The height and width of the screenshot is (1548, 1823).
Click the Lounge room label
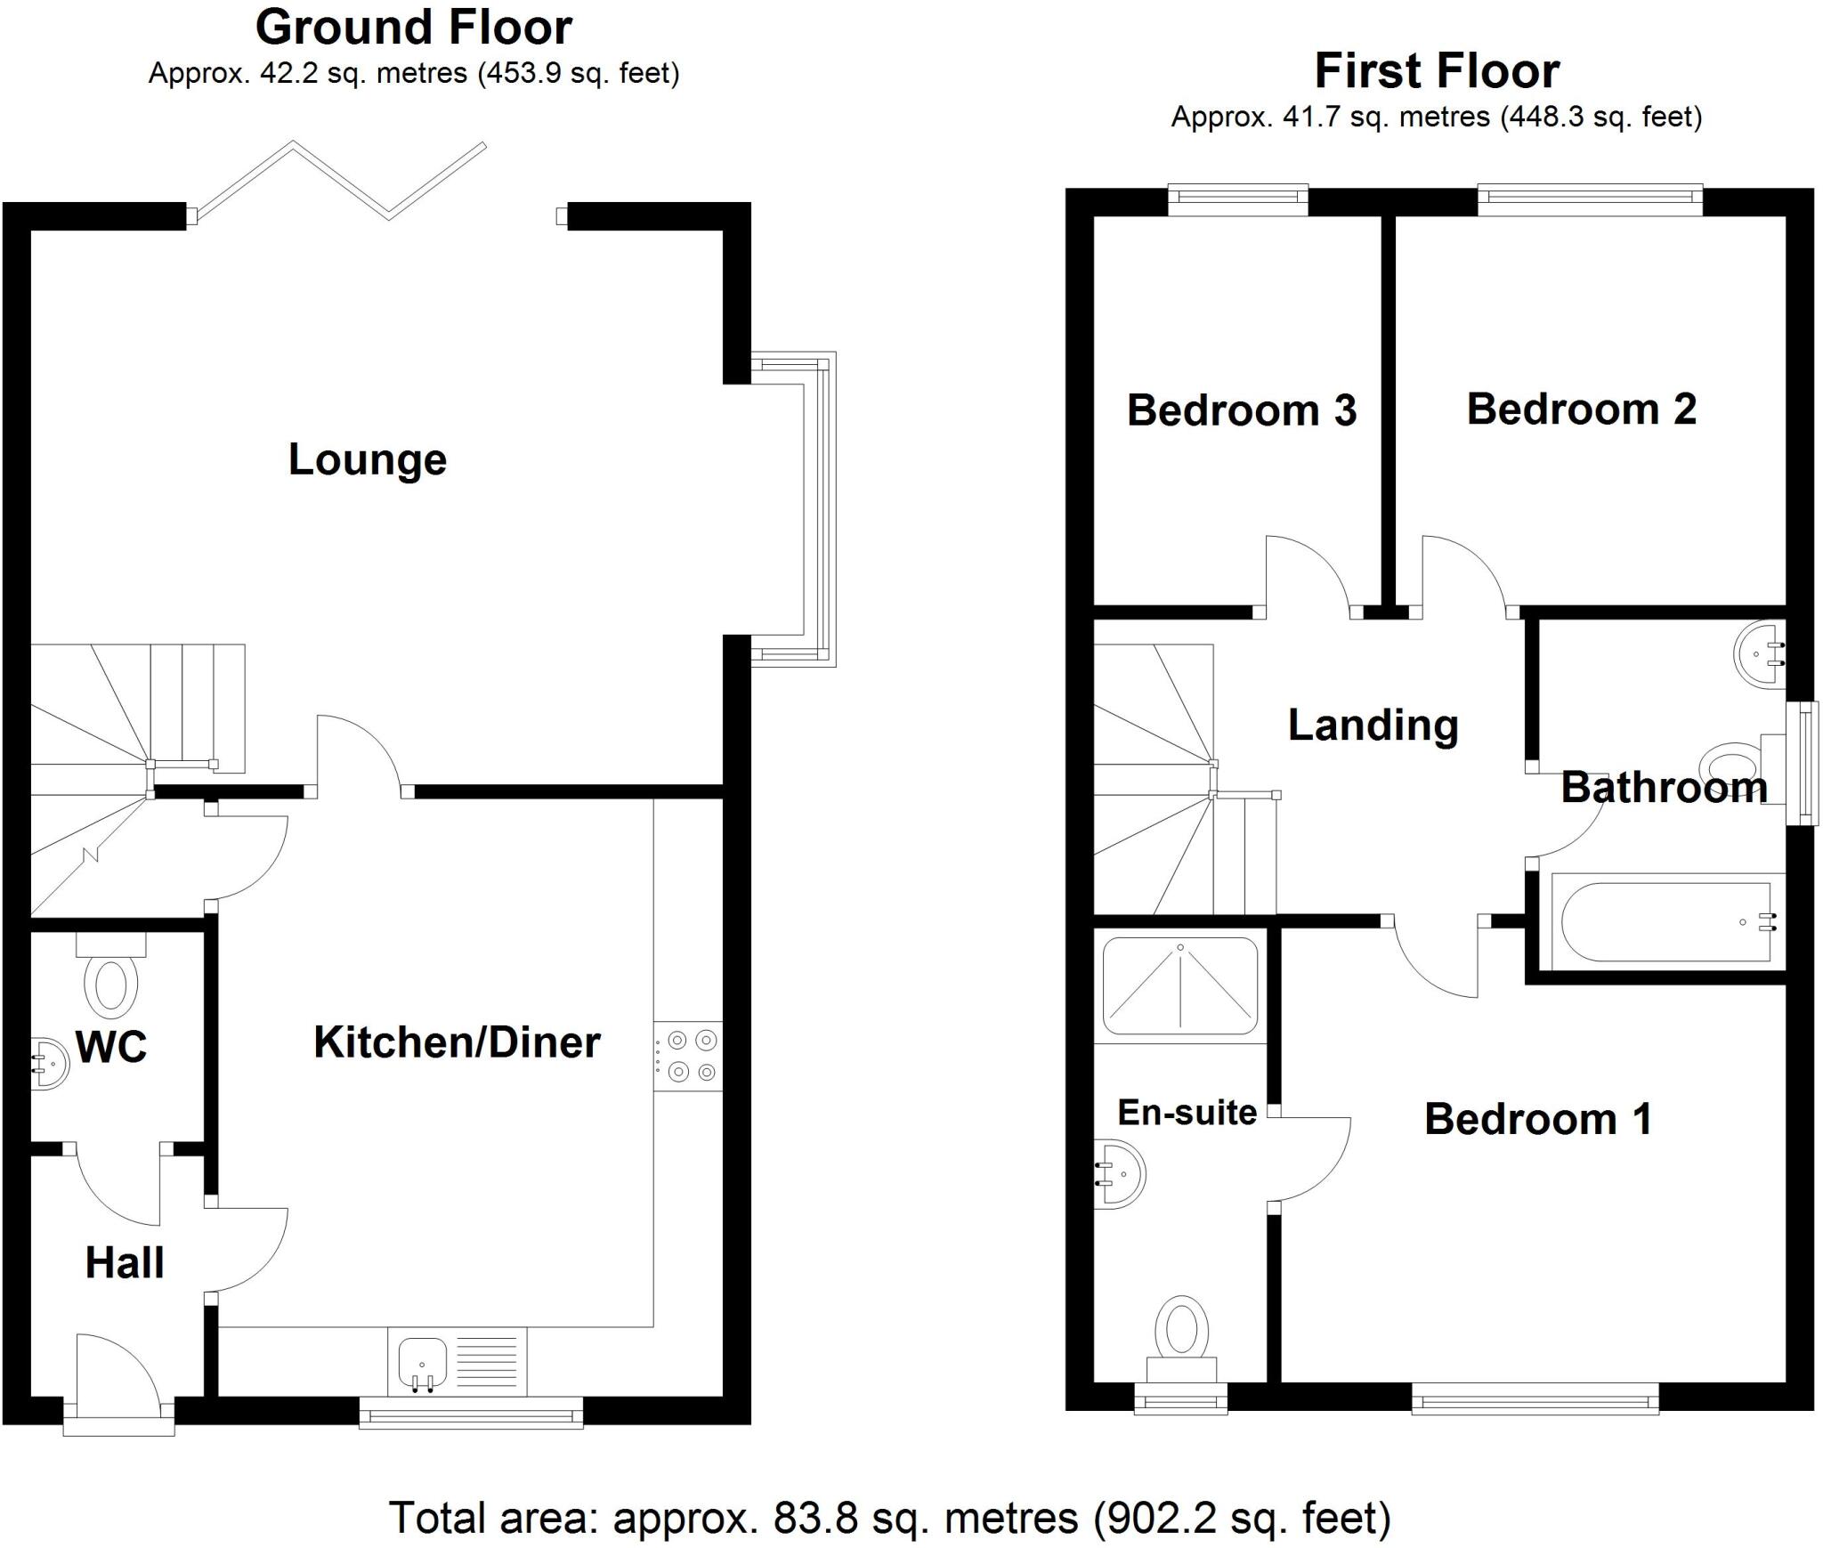tap(367, 459)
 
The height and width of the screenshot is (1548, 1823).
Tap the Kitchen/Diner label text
tap(457, 1042)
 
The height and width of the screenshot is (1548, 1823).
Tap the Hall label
tap(125, 1263)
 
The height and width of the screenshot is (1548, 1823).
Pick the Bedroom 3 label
tap(1241, 410)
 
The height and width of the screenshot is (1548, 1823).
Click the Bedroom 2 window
tap(1590, 200)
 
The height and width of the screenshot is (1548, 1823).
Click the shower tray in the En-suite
tap(1180, 985)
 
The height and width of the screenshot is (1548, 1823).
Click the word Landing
tap(1373, 725)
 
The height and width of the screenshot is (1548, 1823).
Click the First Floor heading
tap(1436, 71)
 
